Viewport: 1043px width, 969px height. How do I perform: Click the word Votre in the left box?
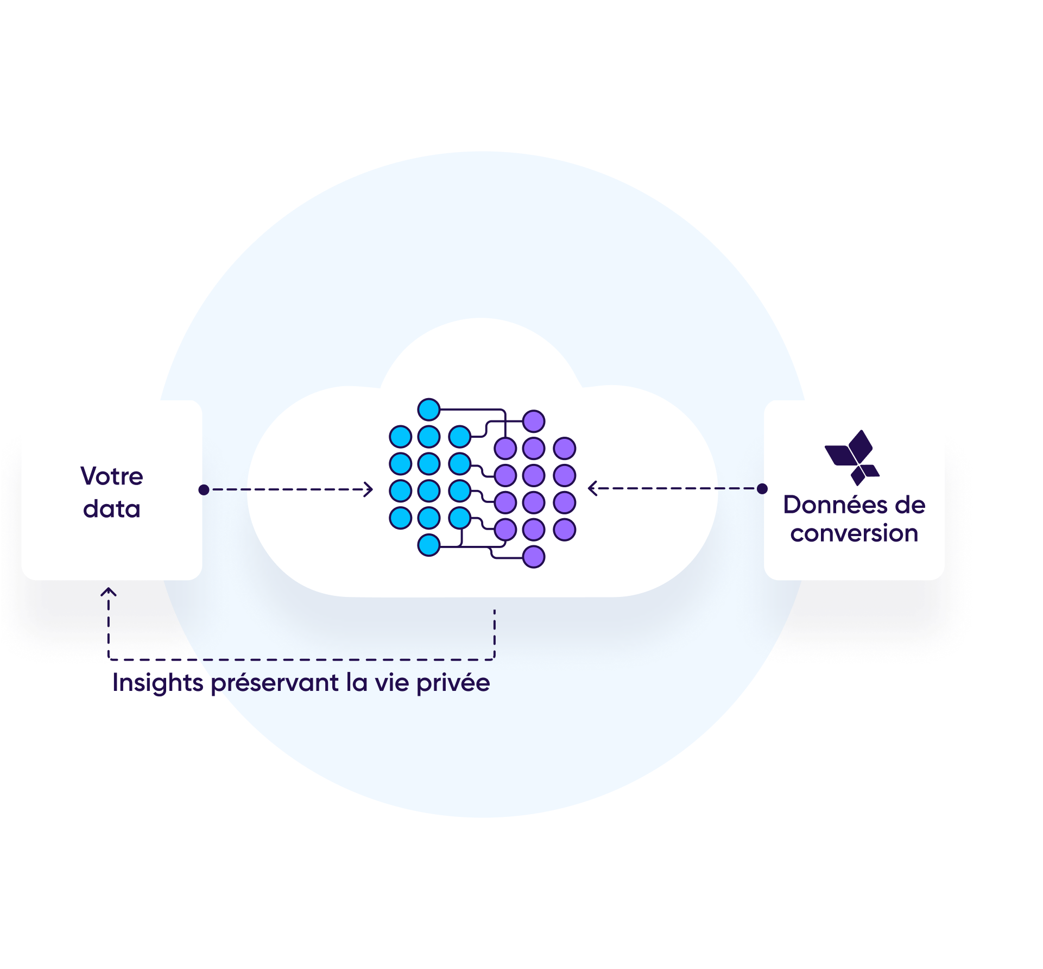tap(112, 476)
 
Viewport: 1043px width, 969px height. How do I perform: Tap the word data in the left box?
tap(112, 509)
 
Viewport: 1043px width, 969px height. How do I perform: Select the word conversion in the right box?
tap(854, 533)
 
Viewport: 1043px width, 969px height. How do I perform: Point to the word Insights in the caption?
tap(157, 683)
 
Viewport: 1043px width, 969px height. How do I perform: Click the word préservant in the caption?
tap(275, 683)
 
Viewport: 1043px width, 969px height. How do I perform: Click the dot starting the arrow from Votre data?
tap(204, 490)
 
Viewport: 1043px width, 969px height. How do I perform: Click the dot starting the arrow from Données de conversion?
tap(762, 489)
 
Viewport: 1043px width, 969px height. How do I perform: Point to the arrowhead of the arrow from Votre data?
tap(369, 490)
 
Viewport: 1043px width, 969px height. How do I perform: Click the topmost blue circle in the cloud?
tap(429, 410)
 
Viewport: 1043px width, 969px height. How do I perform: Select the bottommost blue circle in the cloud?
tap(429, 545)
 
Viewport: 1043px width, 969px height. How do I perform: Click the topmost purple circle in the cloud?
tap(534, 421)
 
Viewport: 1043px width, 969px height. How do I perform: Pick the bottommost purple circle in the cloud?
tap(534, 557)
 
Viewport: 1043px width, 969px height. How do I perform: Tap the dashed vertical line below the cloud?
tap(494, 633)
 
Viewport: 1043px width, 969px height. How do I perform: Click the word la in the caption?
tap(356, 683)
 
